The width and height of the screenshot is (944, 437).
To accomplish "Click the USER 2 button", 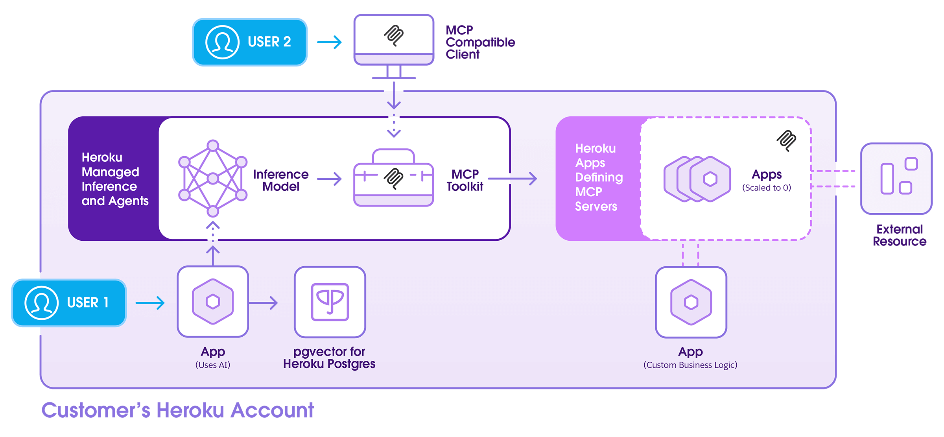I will (x=250, y=42).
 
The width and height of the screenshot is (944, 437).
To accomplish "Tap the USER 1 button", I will (x=69, y=303).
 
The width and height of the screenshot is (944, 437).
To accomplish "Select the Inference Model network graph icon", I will (x=213, y=179).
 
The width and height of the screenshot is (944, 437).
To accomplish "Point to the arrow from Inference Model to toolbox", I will (x=330, y=179).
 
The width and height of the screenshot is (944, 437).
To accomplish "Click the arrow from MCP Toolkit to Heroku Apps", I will (x=513, y=179).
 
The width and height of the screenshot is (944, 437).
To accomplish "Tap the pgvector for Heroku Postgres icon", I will (x=330, y=302).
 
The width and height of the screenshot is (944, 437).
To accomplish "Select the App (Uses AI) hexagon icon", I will (x=213, y=302).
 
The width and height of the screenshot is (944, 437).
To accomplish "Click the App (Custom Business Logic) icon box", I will (x=691, y=302).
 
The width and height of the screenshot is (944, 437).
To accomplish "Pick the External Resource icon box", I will (x=896, y=179).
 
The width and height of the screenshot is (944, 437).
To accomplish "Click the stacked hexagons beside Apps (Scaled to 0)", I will (x=697, y=179).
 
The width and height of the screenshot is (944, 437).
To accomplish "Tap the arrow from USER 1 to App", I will (x=150, y=303).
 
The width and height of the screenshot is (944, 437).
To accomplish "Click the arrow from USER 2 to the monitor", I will (x=330, y=42).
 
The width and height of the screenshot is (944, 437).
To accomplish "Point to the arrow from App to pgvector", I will (x=264, y=303).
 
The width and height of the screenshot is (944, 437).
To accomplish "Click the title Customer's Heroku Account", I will (x=178, y=410).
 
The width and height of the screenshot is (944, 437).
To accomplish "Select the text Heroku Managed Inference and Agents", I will (x=114, y=179).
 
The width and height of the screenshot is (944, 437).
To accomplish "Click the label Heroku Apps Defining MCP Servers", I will (x=598, y=177).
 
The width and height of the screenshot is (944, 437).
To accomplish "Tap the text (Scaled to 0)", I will (x=766, y=188).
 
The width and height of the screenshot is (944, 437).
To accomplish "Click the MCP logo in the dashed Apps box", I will (x=786, y=140).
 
